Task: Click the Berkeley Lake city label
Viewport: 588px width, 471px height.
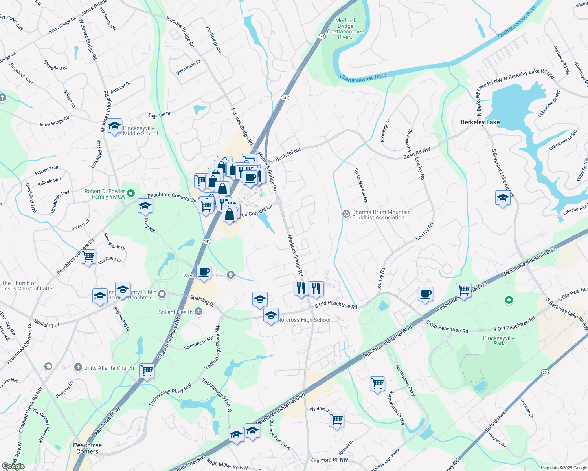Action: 480,122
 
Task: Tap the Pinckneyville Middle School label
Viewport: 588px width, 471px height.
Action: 140,131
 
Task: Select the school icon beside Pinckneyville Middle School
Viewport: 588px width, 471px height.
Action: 114,126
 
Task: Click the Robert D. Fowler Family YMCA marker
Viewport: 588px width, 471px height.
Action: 131,194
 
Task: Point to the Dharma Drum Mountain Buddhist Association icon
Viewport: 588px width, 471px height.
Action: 346,214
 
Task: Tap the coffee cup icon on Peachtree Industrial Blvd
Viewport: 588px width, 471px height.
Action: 425,294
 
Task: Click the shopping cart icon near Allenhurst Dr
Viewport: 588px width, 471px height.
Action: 88,257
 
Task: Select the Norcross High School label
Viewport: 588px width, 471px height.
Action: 304,320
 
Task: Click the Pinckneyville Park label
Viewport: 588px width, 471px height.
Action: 499,341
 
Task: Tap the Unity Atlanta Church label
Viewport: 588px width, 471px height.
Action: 109,368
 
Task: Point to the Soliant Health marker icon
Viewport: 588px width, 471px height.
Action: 198,312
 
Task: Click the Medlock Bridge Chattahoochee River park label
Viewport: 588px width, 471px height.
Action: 345,29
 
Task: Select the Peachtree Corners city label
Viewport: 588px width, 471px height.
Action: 87,448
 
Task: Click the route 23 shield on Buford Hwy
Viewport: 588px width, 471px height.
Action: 544,372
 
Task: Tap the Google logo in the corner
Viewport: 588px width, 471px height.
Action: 13,466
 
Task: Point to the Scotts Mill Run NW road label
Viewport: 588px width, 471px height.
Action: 360,186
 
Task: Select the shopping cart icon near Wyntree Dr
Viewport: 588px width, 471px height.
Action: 337,420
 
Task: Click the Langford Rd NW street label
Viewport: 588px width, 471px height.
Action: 329,460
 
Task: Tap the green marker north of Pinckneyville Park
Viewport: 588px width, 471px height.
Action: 509,300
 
